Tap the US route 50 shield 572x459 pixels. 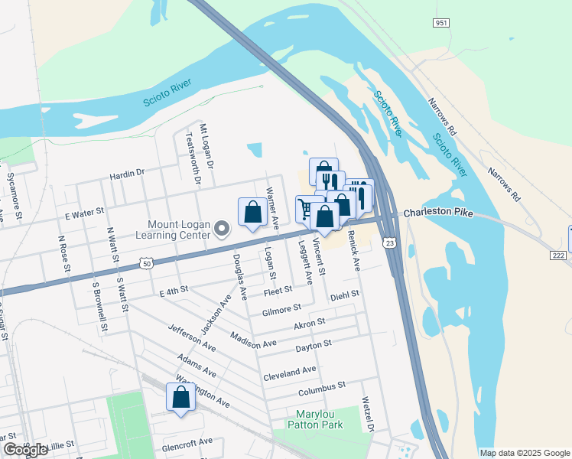145,264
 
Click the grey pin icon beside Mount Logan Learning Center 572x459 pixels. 223,229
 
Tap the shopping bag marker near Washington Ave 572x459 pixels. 180,398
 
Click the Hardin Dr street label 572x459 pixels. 127,174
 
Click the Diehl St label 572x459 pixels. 344,295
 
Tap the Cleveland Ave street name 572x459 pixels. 290,374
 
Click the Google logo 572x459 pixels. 24,450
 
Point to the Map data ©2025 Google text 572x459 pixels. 525,453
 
